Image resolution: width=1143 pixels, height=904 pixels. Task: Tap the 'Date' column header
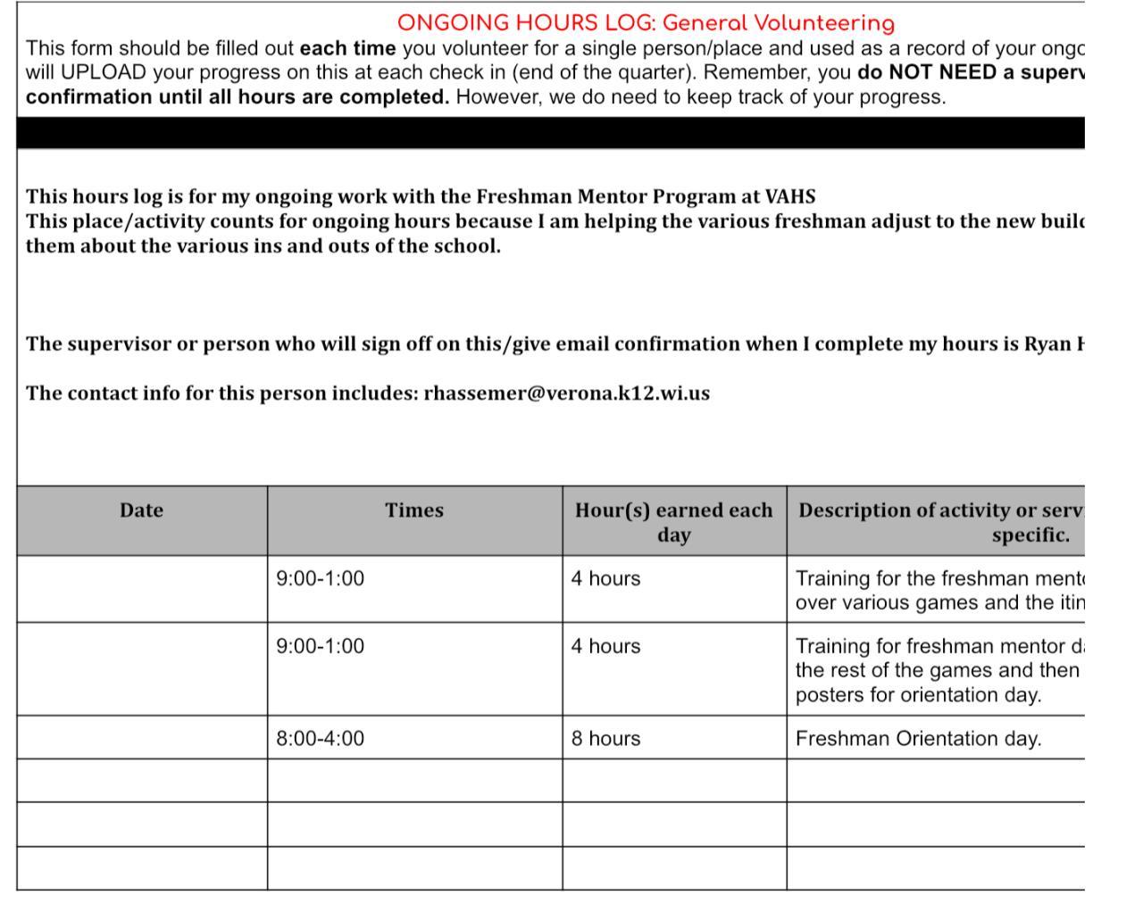pos(141,510)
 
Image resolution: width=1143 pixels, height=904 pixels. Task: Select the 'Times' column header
pos(414,510)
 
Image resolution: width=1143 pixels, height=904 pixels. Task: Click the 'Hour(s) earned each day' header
pos(673,522)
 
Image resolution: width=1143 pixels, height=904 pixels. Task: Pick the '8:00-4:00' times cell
pos(321,739)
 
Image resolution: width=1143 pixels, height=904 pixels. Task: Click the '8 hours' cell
pos(605,739)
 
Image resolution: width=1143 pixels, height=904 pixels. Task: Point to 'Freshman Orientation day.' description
pos(918,739)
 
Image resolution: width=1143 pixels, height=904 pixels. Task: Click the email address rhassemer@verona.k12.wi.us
pos(566,394)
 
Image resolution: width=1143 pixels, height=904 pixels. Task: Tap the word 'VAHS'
pos(790,196)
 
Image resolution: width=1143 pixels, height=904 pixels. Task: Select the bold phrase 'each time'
pos(347,48)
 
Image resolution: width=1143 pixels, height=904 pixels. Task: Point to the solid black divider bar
pos(550,133)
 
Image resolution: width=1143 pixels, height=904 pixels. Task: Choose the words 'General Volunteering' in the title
pos(778,23)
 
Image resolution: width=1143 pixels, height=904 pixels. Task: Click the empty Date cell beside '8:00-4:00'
pos(141,738)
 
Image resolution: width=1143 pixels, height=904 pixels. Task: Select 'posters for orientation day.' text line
pos(918,695)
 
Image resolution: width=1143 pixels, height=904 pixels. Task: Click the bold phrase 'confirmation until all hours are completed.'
pos(238,96)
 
